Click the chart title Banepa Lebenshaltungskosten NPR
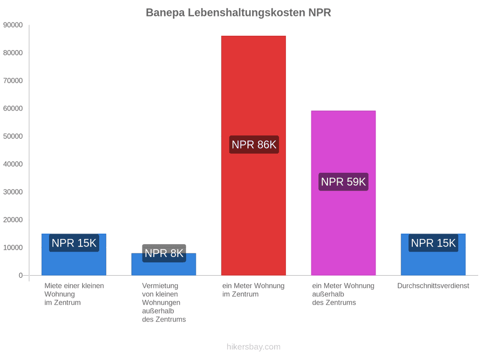(238, 13)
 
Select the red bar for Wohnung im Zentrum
(253, 156)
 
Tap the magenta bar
(343, 193)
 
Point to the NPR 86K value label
(254, 145)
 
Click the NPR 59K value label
(343, 182)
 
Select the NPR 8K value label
(164, 253)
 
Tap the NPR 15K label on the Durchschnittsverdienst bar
(433, 243)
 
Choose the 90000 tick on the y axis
(13, 25)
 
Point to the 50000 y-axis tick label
(13, 136)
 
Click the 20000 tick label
(13, 220)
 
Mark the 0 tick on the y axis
(20, 276)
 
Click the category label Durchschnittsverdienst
(433, 286)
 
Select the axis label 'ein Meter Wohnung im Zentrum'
(253, 290)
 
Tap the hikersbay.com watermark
(253, 347)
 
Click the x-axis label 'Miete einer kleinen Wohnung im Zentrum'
(74, 294)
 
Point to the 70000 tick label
(13, 81)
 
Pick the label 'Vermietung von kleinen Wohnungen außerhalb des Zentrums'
(164, 302)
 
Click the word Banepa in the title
(165, 13)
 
